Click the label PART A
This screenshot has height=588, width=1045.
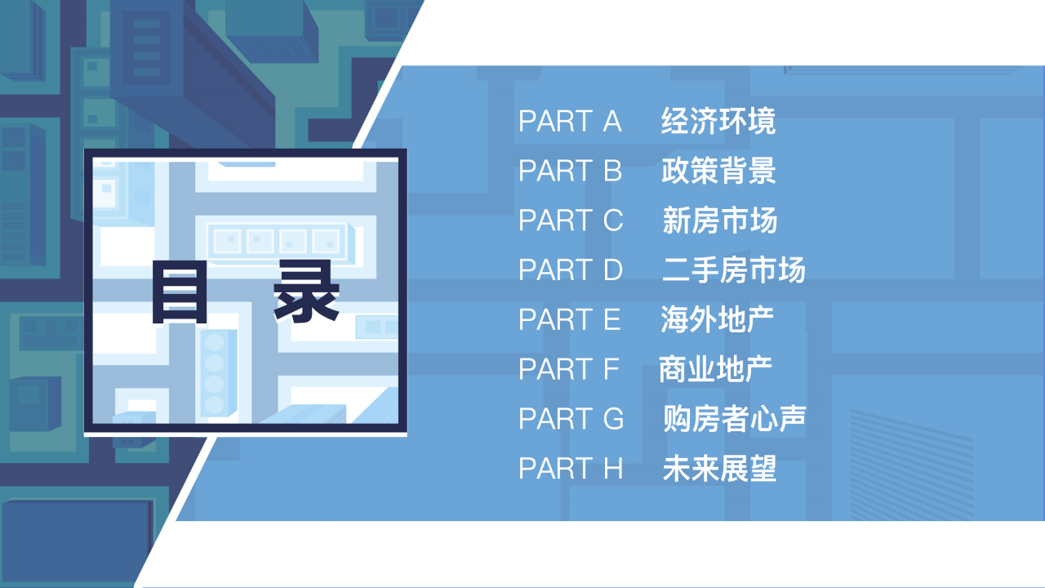pos(570,122)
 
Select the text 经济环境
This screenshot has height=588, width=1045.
pos(718,122)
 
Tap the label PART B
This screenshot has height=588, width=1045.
pos(570,171)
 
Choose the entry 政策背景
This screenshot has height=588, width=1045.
pos(718,171)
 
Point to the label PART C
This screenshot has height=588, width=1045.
pos(571,220)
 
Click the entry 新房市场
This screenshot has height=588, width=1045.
pos(720,220)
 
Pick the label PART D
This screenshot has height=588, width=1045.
pos(571,270)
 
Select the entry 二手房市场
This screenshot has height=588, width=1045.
pos(734,270)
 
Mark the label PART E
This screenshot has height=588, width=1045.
pos(570,320)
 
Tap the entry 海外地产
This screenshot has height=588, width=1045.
pos(718,320)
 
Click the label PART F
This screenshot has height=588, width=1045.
pos(569,370)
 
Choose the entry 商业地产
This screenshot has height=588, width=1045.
pos(716,370)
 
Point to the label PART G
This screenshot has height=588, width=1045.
pos(571,419)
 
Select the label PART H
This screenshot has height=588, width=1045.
pos(571,469)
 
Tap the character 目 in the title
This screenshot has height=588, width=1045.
pos(178,292)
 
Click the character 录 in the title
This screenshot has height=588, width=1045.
pos(306,292)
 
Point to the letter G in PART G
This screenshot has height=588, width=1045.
pos(613,419)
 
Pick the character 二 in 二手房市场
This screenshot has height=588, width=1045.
pos(677,270)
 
